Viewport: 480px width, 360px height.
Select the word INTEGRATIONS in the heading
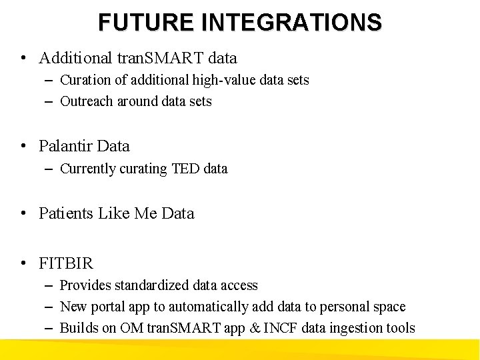291,22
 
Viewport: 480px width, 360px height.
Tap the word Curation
85,80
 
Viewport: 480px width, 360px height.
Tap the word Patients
66,213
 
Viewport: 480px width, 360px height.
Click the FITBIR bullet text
66,263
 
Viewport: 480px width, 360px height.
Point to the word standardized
152,285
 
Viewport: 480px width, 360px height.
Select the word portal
103,307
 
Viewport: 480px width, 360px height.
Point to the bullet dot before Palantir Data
23,146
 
